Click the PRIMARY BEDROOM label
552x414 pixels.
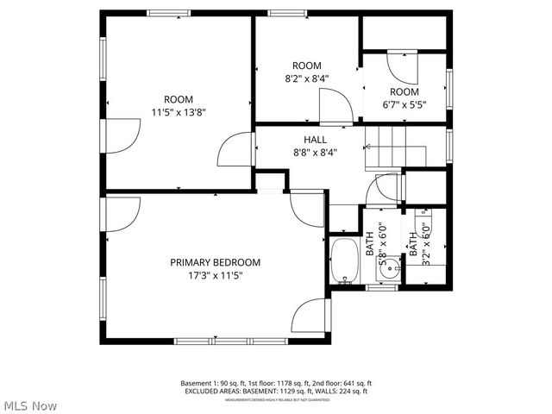click(x=215, y=262)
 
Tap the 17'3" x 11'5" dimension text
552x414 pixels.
click(x=215, y=276)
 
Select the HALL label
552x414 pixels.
click(x=314, y=140)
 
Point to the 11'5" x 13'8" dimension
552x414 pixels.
click(x=179, y=111)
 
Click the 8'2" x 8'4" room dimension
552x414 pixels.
click(x=306, y=78)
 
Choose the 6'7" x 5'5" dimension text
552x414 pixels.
click(x=404, y=105)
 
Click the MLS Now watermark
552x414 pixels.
click(x=30, y=405)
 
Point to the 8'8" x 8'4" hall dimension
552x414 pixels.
click(x=314, y=153)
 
